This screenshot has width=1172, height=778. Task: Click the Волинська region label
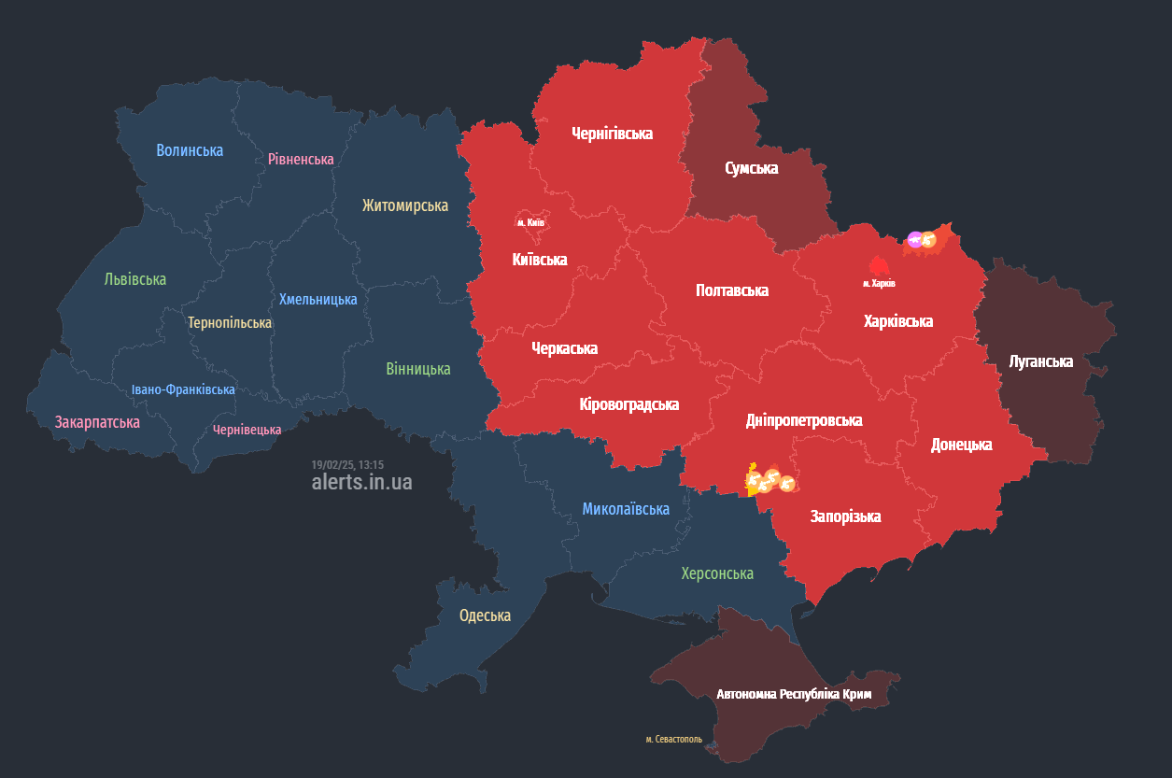point(190,150)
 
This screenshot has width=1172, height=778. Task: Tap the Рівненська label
point(300,159)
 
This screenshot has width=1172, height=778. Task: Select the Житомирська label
point(405,205)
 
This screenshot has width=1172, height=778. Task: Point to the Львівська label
point(135,279)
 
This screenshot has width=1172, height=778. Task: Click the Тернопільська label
point(230,322)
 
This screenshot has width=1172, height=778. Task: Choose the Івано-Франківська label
point(183,389)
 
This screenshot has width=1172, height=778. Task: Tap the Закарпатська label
point(97,422)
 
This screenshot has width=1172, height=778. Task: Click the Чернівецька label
point(247,430)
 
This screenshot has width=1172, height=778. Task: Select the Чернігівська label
point(612,134)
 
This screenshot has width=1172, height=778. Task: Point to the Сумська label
point(751,168)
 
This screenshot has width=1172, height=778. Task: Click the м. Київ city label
point(530,222)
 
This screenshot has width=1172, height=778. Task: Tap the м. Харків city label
point(878,282)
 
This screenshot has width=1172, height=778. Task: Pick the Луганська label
point(1040,361)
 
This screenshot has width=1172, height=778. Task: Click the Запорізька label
point(845,516)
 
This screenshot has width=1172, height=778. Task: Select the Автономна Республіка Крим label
point(794,695)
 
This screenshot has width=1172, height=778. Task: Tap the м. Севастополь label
point(673,740)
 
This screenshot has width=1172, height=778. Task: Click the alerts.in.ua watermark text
point(361,482)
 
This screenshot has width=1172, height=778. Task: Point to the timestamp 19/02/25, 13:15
point(347,464)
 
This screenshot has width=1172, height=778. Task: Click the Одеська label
point(485,615)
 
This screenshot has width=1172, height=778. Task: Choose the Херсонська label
point(716,573)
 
